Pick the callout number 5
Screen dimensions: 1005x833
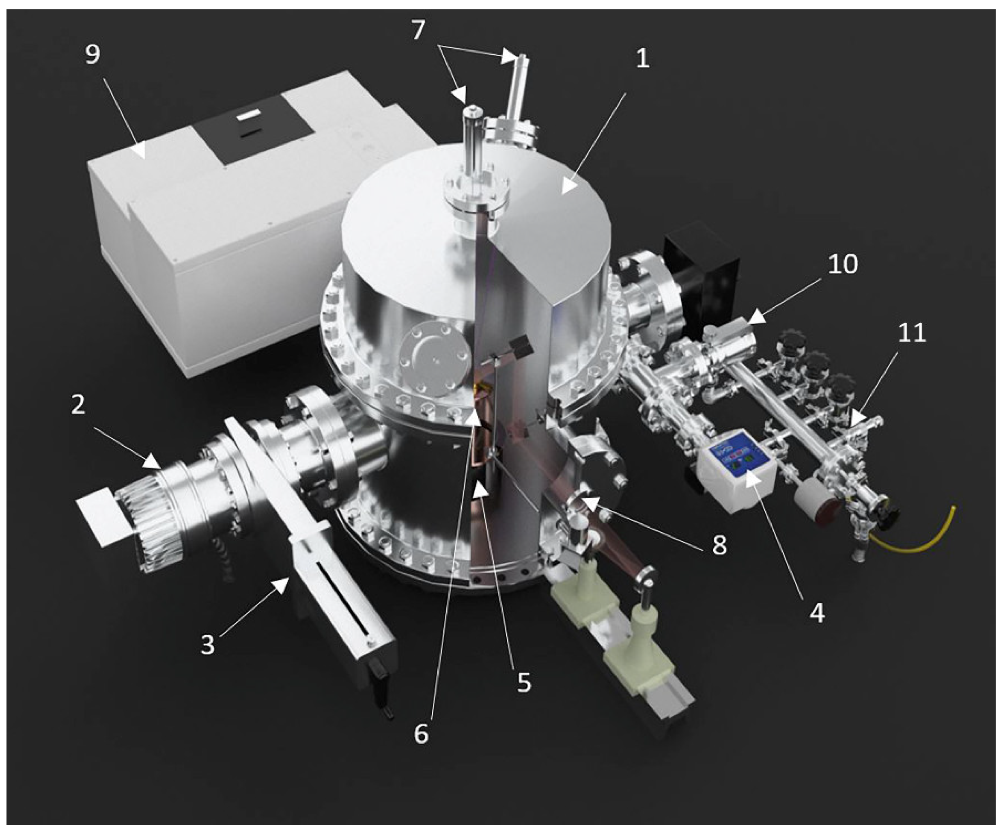tap(524, 683)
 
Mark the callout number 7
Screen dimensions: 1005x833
tap(418, 30)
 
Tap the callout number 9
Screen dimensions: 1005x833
tap(93, 54)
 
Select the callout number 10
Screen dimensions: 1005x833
tap(843, 264)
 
